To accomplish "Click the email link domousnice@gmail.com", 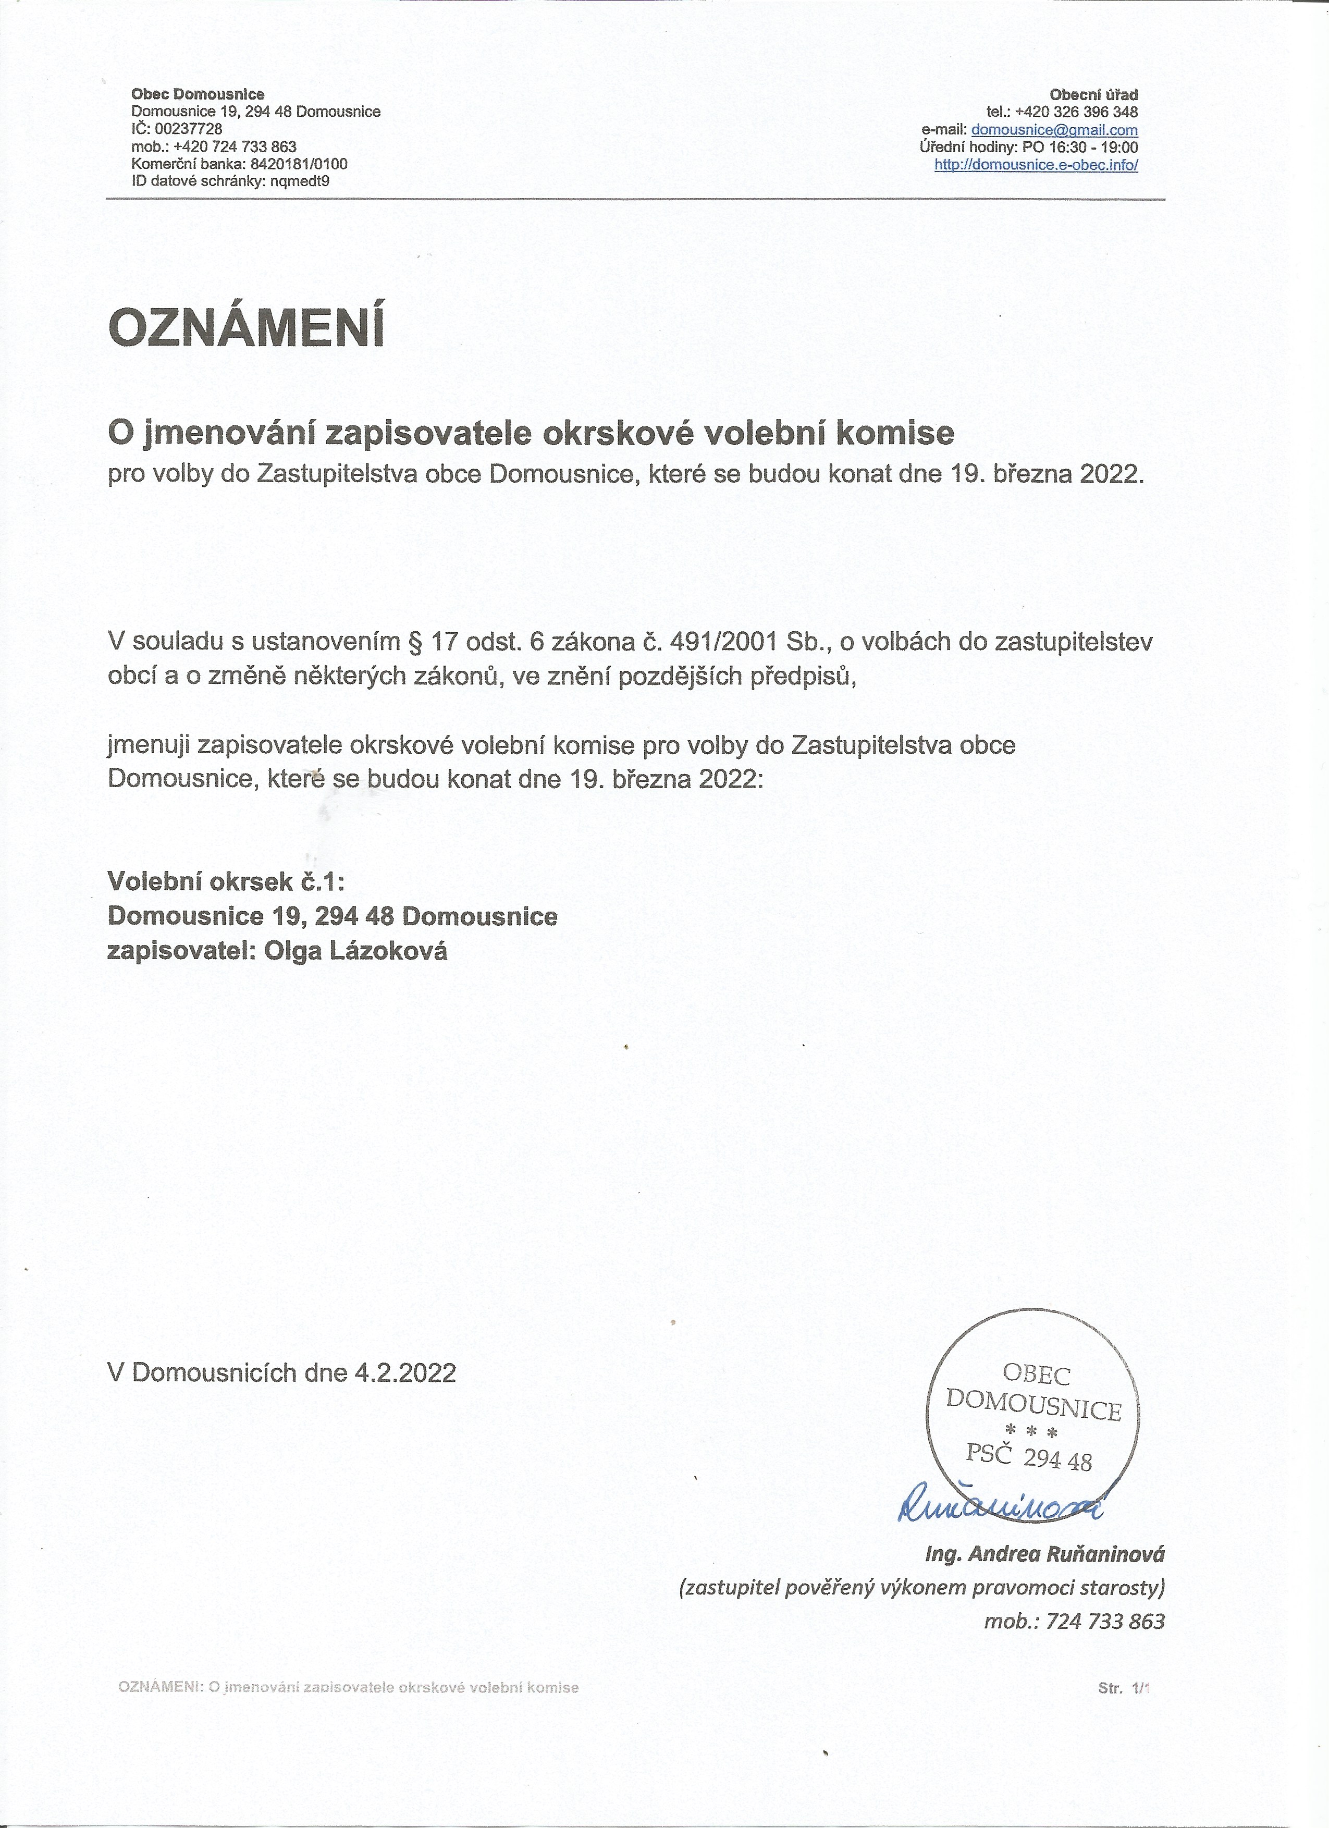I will click(x=1054, y=130).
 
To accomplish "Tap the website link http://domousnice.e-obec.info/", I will click(x=1036, y=164).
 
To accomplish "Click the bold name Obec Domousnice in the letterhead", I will click(x=198, y=94).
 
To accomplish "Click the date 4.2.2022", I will click(x=404, y=1372).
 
